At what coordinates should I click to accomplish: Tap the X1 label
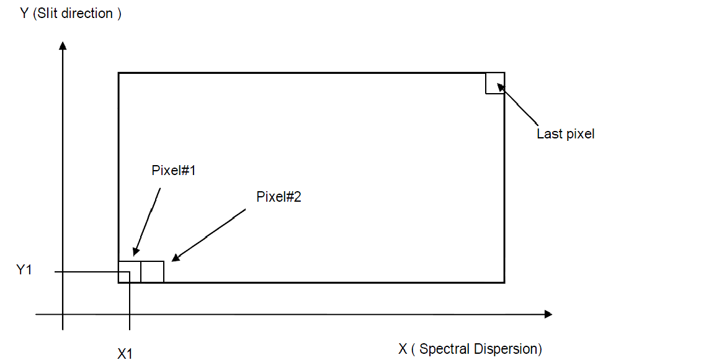point(125,353)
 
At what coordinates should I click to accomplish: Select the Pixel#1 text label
point(174,170)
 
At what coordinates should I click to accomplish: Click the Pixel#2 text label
point(279,197)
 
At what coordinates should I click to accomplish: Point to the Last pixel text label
point(565,133)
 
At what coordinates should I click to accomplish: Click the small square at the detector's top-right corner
point(494,83)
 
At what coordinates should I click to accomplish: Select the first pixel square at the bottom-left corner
point(130,272)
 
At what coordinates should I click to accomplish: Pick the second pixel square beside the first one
point(152,272)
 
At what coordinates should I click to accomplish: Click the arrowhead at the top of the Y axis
point(63,45)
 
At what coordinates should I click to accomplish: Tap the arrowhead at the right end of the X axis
point(548,315)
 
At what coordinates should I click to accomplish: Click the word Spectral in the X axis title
point(445,349)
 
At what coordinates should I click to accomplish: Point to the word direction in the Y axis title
point(89,14)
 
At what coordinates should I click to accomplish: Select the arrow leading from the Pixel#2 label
point(208,236)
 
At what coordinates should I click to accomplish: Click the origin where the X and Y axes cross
point(63,315)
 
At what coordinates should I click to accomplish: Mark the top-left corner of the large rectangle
point(118,73)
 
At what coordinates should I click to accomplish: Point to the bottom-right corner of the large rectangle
point(504,282)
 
